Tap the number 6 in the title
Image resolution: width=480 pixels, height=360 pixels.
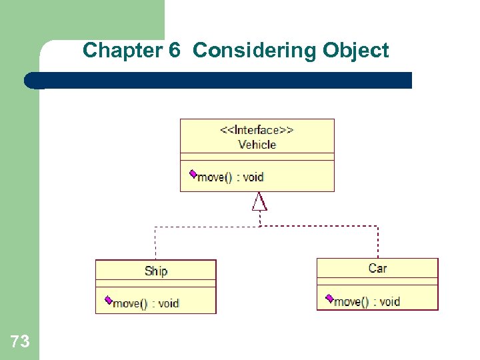tap(175, 51)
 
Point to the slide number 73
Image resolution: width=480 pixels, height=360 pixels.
tap(20, 342)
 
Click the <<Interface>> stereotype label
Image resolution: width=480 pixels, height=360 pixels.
tap(257, 130)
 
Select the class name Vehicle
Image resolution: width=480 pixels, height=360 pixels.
tap(257, 144)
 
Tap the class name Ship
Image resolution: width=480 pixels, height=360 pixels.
tap(156, 271)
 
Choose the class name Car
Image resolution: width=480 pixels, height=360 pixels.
tap(377, 268)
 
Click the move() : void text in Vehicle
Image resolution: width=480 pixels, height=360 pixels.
tap(231, 177)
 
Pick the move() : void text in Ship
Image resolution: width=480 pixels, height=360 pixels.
tap(146, 303)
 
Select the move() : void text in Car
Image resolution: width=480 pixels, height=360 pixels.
tap(367, 301)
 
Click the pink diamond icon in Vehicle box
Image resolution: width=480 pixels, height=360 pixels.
tap(193, 174)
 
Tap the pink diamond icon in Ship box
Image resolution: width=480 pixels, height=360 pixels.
tap(109, 301)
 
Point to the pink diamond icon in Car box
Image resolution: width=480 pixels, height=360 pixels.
tap(329, 298)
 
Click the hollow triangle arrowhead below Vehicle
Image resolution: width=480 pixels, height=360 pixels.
tap(259, 201)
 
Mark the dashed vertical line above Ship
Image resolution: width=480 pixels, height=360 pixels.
tap(155, 243)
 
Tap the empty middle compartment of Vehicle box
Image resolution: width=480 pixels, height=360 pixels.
tap(257, 157)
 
